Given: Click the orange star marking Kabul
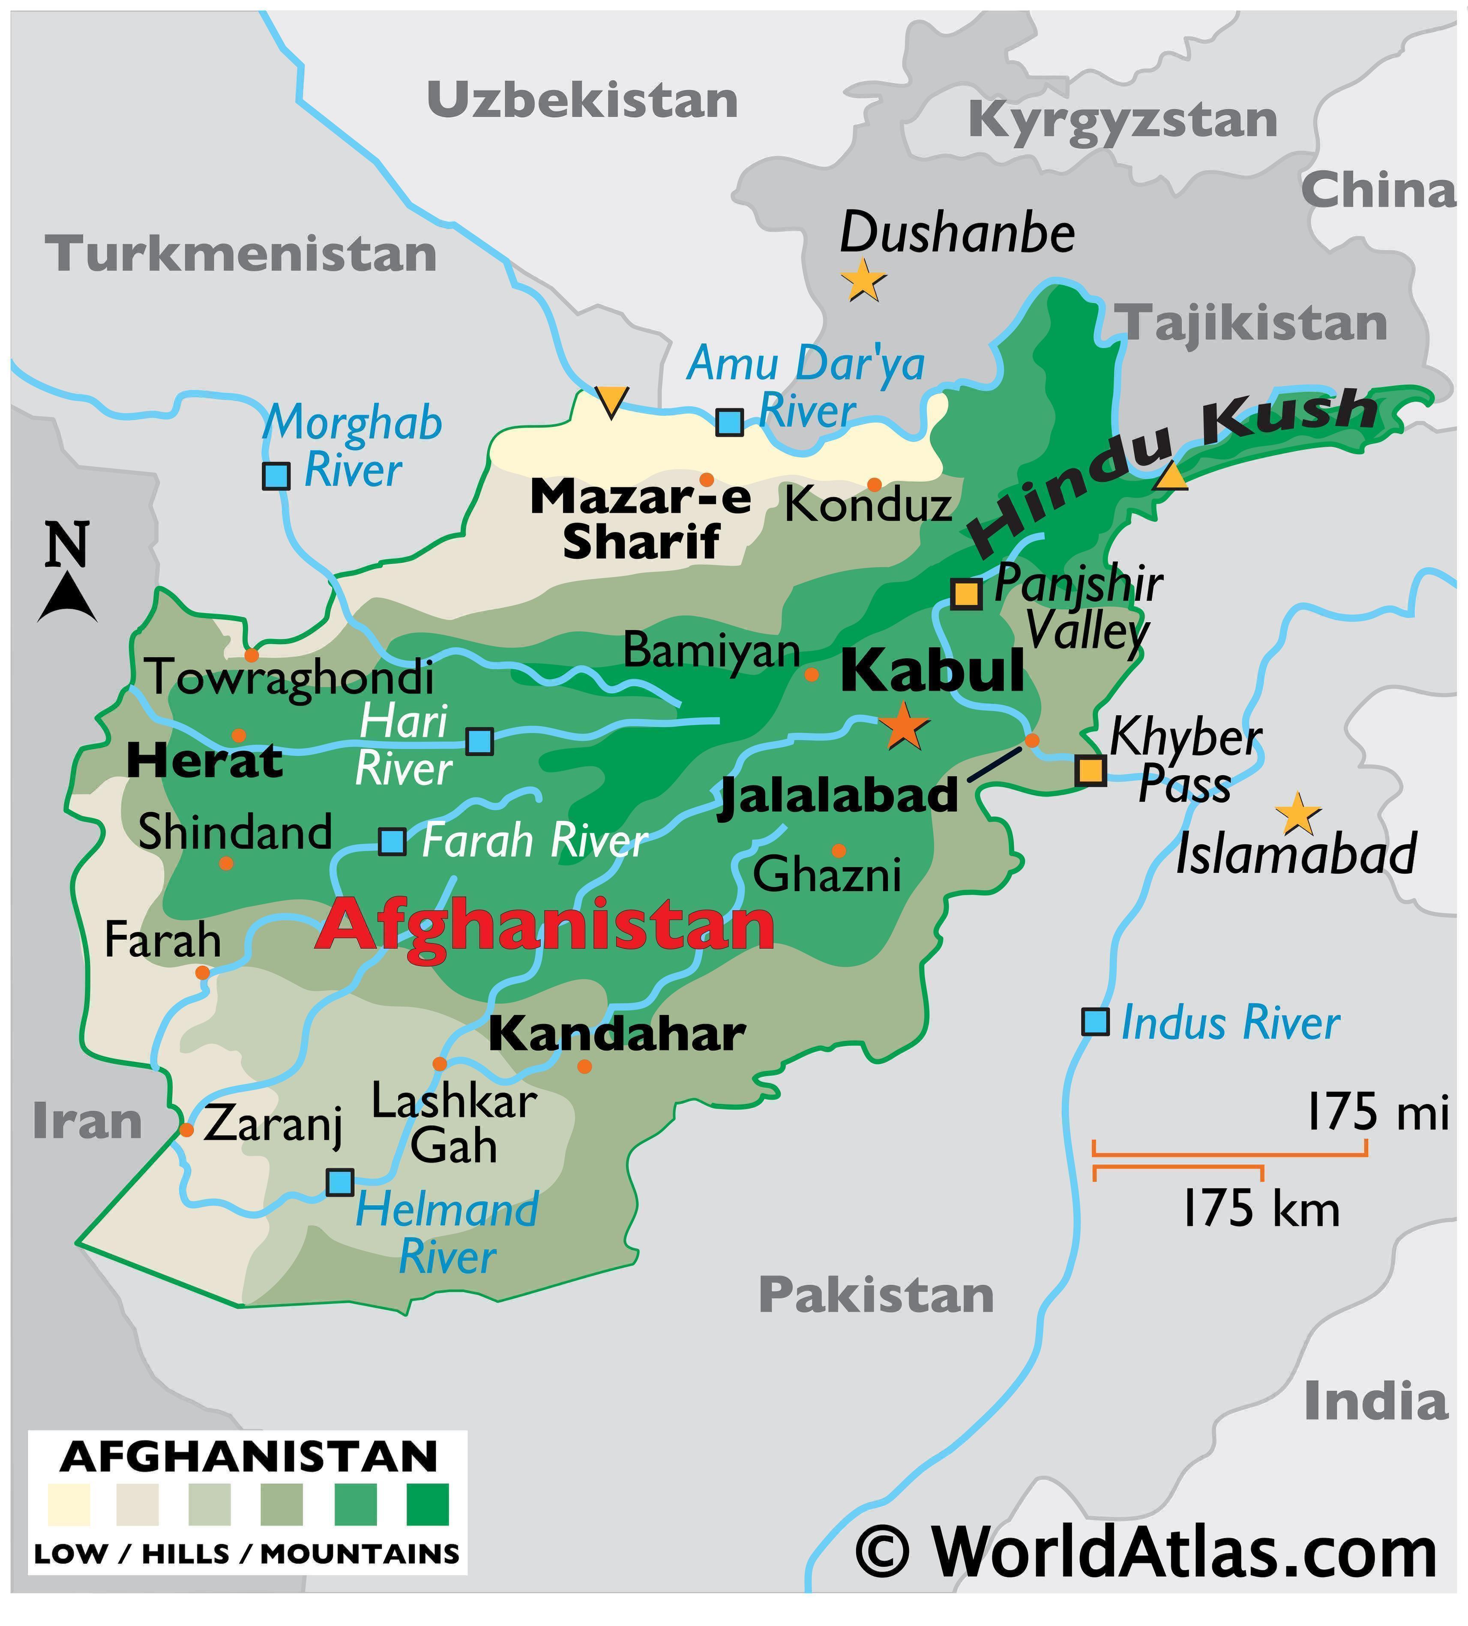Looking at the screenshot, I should coord(903,726).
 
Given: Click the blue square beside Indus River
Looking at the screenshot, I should coord(1094,1022).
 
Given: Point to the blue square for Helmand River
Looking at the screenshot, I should coord(339,1183).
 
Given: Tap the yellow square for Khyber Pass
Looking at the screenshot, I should coord(1091,770).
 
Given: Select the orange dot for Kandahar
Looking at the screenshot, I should coord(585,1066).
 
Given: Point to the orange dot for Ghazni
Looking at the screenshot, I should coord(839,850).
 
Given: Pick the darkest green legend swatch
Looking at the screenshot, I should coord(428,1505).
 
